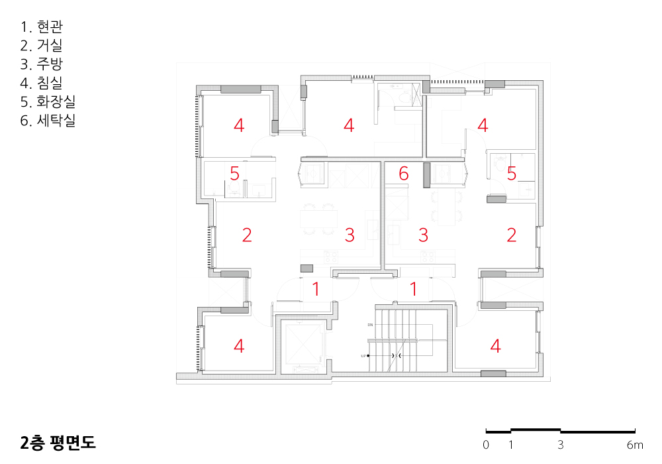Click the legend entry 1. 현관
pyautogui.click(x=41, y=27)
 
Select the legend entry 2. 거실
pyautogui.click(x=41, y=45)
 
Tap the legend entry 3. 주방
pyautogui.click(x=41, y=64)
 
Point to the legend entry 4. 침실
pyautogui.click(x=41, y=83)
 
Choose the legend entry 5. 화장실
pyautogui.click(x=48, y=101)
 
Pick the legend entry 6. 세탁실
pyautogui.click(x=48, y=120)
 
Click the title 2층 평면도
pyautogui.click(x=58, y=442)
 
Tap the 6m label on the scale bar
pyautogui.click(x=635, y=445)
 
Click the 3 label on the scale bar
pyautogui.click(x=561, y=445)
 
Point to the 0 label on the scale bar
pyautogui.click(x=486, y=445)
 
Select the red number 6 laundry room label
pyautogui.click(x=404, y=174)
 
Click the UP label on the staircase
pyautogui.click(x=363, y=356)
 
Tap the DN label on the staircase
pyautogui.click(x=370, y=325)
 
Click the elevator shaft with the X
pyautogui.click(x=301, y=344)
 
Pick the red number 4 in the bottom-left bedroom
pyautogui.click(x=239, y=346)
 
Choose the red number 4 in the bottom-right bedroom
pyautogui.click(x=496, y=346)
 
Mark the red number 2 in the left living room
pyautogui.click(x=247, y=235)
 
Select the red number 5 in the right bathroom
pyautogui.click(x=512, y=174)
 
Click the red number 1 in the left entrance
pyautogui.click(x=316, y=290)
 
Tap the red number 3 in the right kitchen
pyautogui.click(x=424, y=235)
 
